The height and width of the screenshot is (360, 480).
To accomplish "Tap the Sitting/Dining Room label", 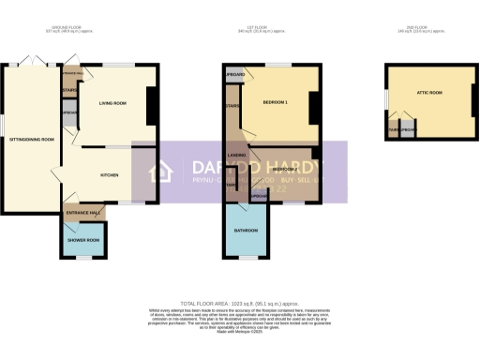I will click(32, 139).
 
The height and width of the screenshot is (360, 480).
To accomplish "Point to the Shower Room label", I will click(82, 239).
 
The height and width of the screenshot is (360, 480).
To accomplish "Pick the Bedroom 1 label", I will click(275, 101).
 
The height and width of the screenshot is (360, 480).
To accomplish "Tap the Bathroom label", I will click(247, 229).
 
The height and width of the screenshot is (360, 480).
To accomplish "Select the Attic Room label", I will click(430, 94).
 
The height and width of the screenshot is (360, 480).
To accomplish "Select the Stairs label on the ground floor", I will click(68, 91).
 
